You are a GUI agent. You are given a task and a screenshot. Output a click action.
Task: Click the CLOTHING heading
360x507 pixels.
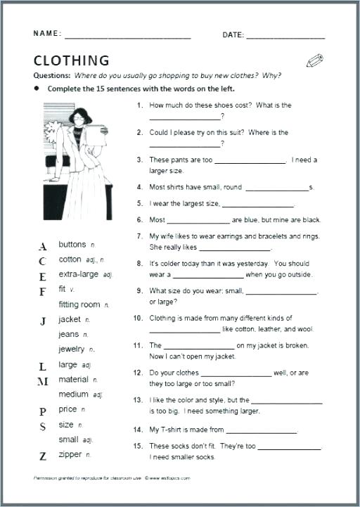pyautogui.click(x=72, y=60)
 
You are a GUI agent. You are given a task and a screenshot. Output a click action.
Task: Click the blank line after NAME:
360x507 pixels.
pyautogui.click(x=127, y=36)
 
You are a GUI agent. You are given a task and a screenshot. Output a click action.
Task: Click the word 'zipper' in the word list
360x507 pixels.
pyautogui.click(x=70, y=455)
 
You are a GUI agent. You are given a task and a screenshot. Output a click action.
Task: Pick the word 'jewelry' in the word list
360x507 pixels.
pyautogui.click(x=72, y=349)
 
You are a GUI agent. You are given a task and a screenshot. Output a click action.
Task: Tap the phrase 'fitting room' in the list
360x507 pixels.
pyautogui.click(x=79, y=304)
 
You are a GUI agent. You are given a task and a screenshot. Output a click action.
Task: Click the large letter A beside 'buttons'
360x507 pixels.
pyautogui.click(x=43, y=247)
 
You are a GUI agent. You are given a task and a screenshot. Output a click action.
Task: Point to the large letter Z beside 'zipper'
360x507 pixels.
pyautogui.click(x=43, y=456)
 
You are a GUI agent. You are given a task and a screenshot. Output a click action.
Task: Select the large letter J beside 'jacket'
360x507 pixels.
pyautogui.click(x=43, y=321)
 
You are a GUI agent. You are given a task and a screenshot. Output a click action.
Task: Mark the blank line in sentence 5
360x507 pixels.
pyautogui.click(x=258, y=205)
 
